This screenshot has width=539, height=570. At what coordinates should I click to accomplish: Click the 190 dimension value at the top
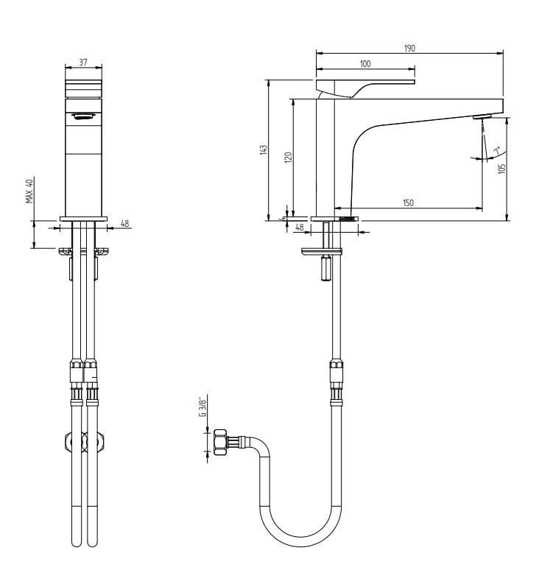(x=409, y=49)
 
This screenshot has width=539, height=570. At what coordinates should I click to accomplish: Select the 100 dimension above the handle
(x=365, y=64)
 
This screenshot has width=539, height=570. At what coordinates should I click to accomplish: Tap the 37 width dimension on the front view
(x=83, y=63)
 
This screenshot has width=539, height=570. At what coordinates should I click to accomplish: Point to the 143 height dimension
(x=264, y=150)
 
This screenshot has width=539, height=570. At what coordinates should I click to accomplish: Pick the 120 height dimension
(x=289, y=157)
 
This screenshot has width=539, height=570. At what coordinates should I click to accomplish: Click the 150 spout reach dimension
(x=408, y=203)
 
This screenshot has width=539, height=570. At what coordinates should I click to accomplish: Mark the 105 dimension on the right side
(x=501, y=168)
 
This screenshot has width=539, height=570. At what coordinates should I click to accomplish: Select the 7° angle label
(x=496, y=152)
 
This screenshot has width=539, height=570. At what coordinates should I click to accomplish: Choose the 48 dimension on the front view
(x=124, y=223)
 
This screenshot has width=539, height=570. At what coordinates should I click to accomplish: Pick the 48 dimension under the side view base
(x=299, y=228)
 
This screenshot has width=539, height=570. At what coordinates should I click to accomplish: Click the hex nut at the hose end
(x=219, y=443)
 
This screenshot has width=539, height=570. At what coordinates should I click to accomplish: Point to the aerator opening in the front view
(x=83, y=115)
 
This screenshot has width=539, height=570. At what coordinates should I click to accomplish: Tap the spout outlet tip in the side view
(x=482, y=118)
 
